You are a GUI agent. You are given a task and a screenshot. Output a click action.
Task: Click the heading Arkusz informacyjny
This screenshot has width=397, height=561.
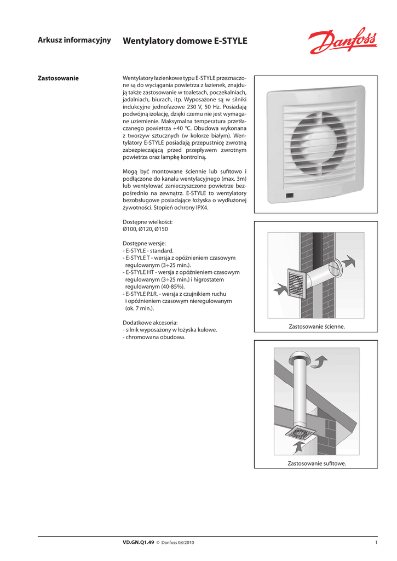(x=74, y=40)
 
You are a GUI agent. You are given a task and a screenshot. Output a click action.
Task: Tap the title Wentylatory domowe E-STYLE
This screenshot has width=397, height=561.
(x=185, y=41)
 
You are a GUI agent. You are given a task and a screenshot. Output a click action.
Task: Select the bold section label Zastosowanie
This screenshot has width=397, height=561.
(x=57, y=78)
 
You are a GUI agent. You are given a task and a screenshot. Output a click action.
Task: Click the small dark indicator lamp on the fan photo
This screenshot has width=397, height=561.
(x=289, y=195)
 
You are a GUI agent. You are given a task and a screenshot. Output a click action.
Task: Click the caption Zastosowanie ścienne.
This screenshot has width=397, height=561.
(x=317, y=327)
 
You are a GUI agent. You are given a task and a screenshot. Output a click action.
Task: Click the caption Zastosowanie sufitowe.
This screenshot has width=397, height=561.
(x=317, y=463)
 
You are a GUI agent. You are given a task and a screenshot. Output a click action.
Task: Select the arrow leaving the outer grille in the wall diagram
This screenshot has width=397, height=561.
(x=348, y=262)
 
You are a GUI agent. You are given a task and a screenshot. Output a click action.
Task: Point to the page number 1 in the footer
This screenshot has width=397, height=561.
(x=376, y=542)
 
